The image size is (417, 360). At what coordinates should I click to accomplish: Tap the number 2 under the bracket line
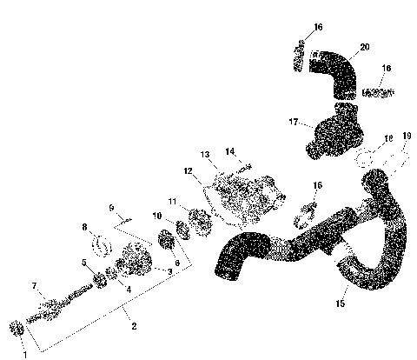pyautogui.click(x=134, y=326)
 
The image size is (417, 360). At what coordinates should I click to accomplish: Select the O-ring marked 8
pyautogui.click(x=103, y=244)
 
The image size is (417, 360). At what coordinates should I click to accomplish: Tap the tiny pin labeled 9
pyautogui.click(x=126, y=220)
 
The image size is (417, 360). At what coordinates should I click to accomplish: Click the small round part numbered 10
pyautogui.click(x=184, y=228)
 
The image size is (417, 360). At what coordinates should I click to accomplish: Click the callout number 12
pyautogui.click(x=188, y=171)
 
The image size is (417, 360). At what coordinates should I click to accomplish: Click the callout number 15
pyautogui.click(x=341, y=303)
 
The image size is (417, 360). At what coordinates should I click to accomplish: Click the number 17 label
pyautogui.click(x=293, y=123)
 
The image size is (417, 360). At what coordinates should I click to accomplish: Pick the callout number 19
pyautogui.click(x=407, y=136)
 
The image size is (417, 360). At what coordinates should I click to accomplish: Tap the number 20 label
pyautogui.click(x=364, y=45)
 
